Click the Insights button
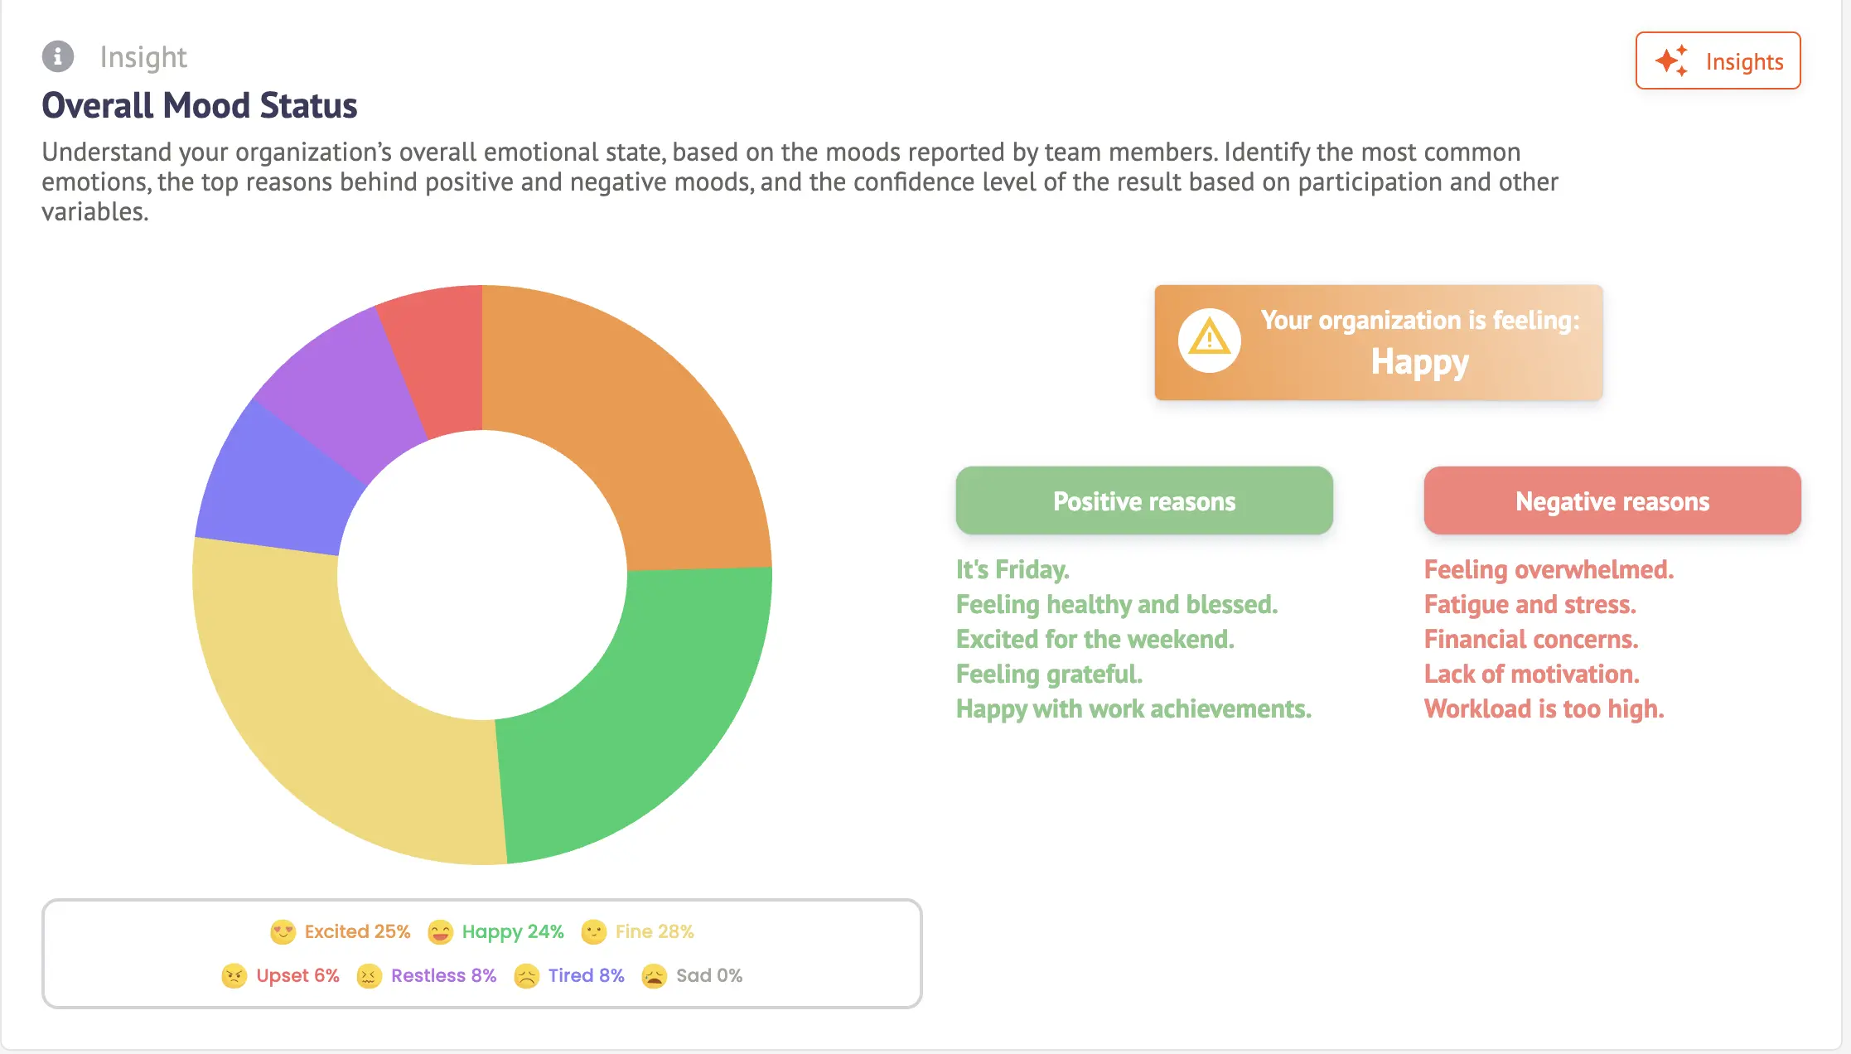1718,60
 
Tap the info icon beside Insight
58,56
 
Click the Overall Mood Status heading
200,105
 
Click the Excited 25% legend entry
341,931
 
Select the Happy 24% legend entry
495,931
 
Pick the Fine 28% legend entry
637,931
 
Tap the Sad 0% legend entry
692,975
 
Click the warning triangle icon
1209,340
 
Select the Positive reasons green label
1144,500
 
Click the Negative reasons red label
1612,500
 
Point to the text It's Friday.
1012,569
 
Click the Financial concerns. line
1531,639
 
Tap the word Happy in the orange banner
1419,362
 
